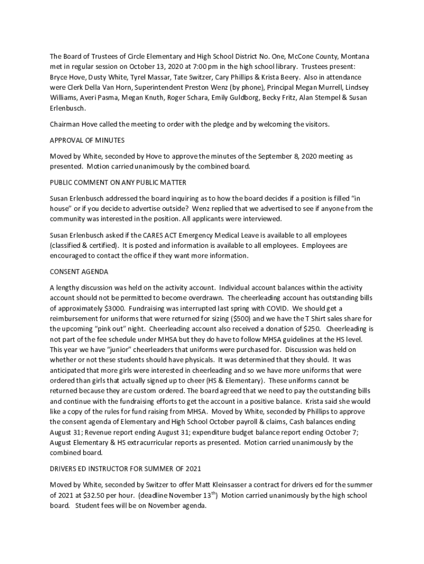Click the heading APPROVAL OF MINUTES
(87, 140)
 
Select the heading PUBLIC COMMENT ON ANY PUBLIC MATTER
(118, 182)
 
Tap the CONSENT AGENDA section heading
(79, 272)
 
